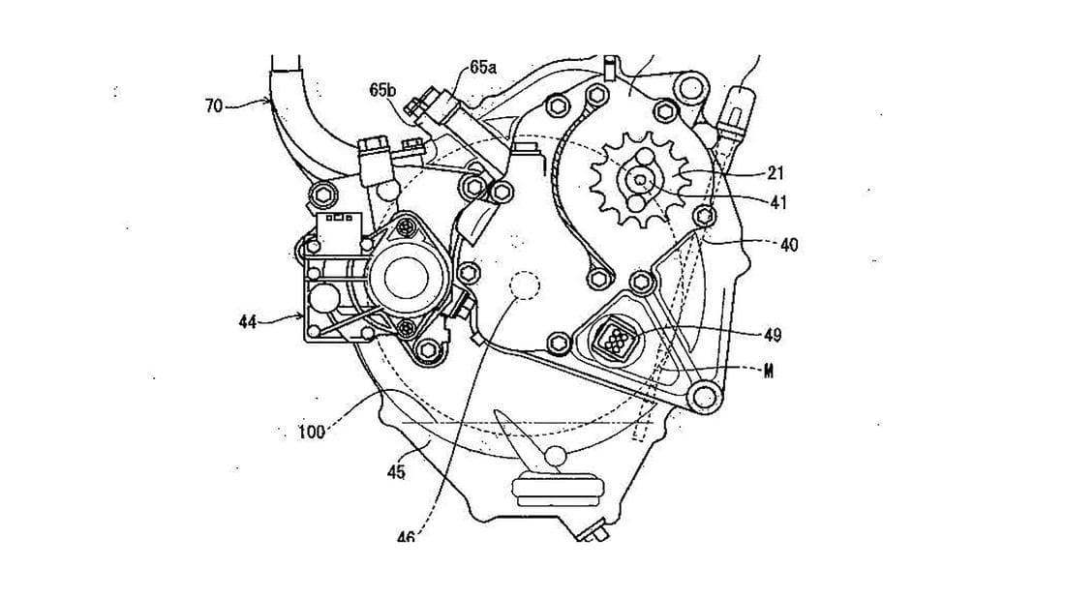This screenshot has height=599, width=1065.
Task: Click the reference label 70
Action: pyautogui.click(x=214, y=105)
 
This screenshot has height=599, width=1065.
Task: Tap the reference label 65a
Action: pyautogui.click(x=482, y=67)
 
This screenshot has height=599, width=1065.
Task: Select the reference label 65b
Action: pyautogui.click(x=382, y=90)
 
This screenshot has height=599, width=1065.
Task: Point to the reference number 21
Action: pyautogui.click(x=776, y=173)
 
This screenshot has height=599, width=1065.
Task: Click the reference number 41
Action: pyautogui.click(x=778, y=202)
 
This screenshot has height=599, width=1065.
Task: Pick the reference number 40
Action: pyautogui.click(x=789, y=245)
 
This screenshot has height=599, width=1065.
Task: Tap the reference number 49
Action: pyautogui.click(x=773, y=335)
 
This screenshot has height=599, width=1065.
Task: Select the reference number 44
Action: pyautogui.click(x=249, y=321)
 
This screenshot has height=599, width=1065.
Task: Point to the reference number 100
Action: pyautogui.click(x=311, y=433)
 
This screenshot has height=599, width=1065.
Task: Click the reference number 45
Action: pyautogui.click(x=396, y=472)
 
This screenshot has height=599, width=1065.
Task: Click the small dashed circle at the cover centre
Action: pyautogui.click(x=526, y=287)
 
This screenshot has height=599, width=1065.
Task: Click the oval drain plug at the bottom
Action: pyautogui.click(x=557, y=490)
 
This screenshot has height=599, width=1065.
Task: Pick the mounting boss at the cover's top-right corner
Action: pyautogui.click(x=690, y=90)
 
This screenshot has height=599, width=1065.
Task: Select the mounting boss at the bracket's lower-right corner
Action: pyautogui.click(x=708, y=396)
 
